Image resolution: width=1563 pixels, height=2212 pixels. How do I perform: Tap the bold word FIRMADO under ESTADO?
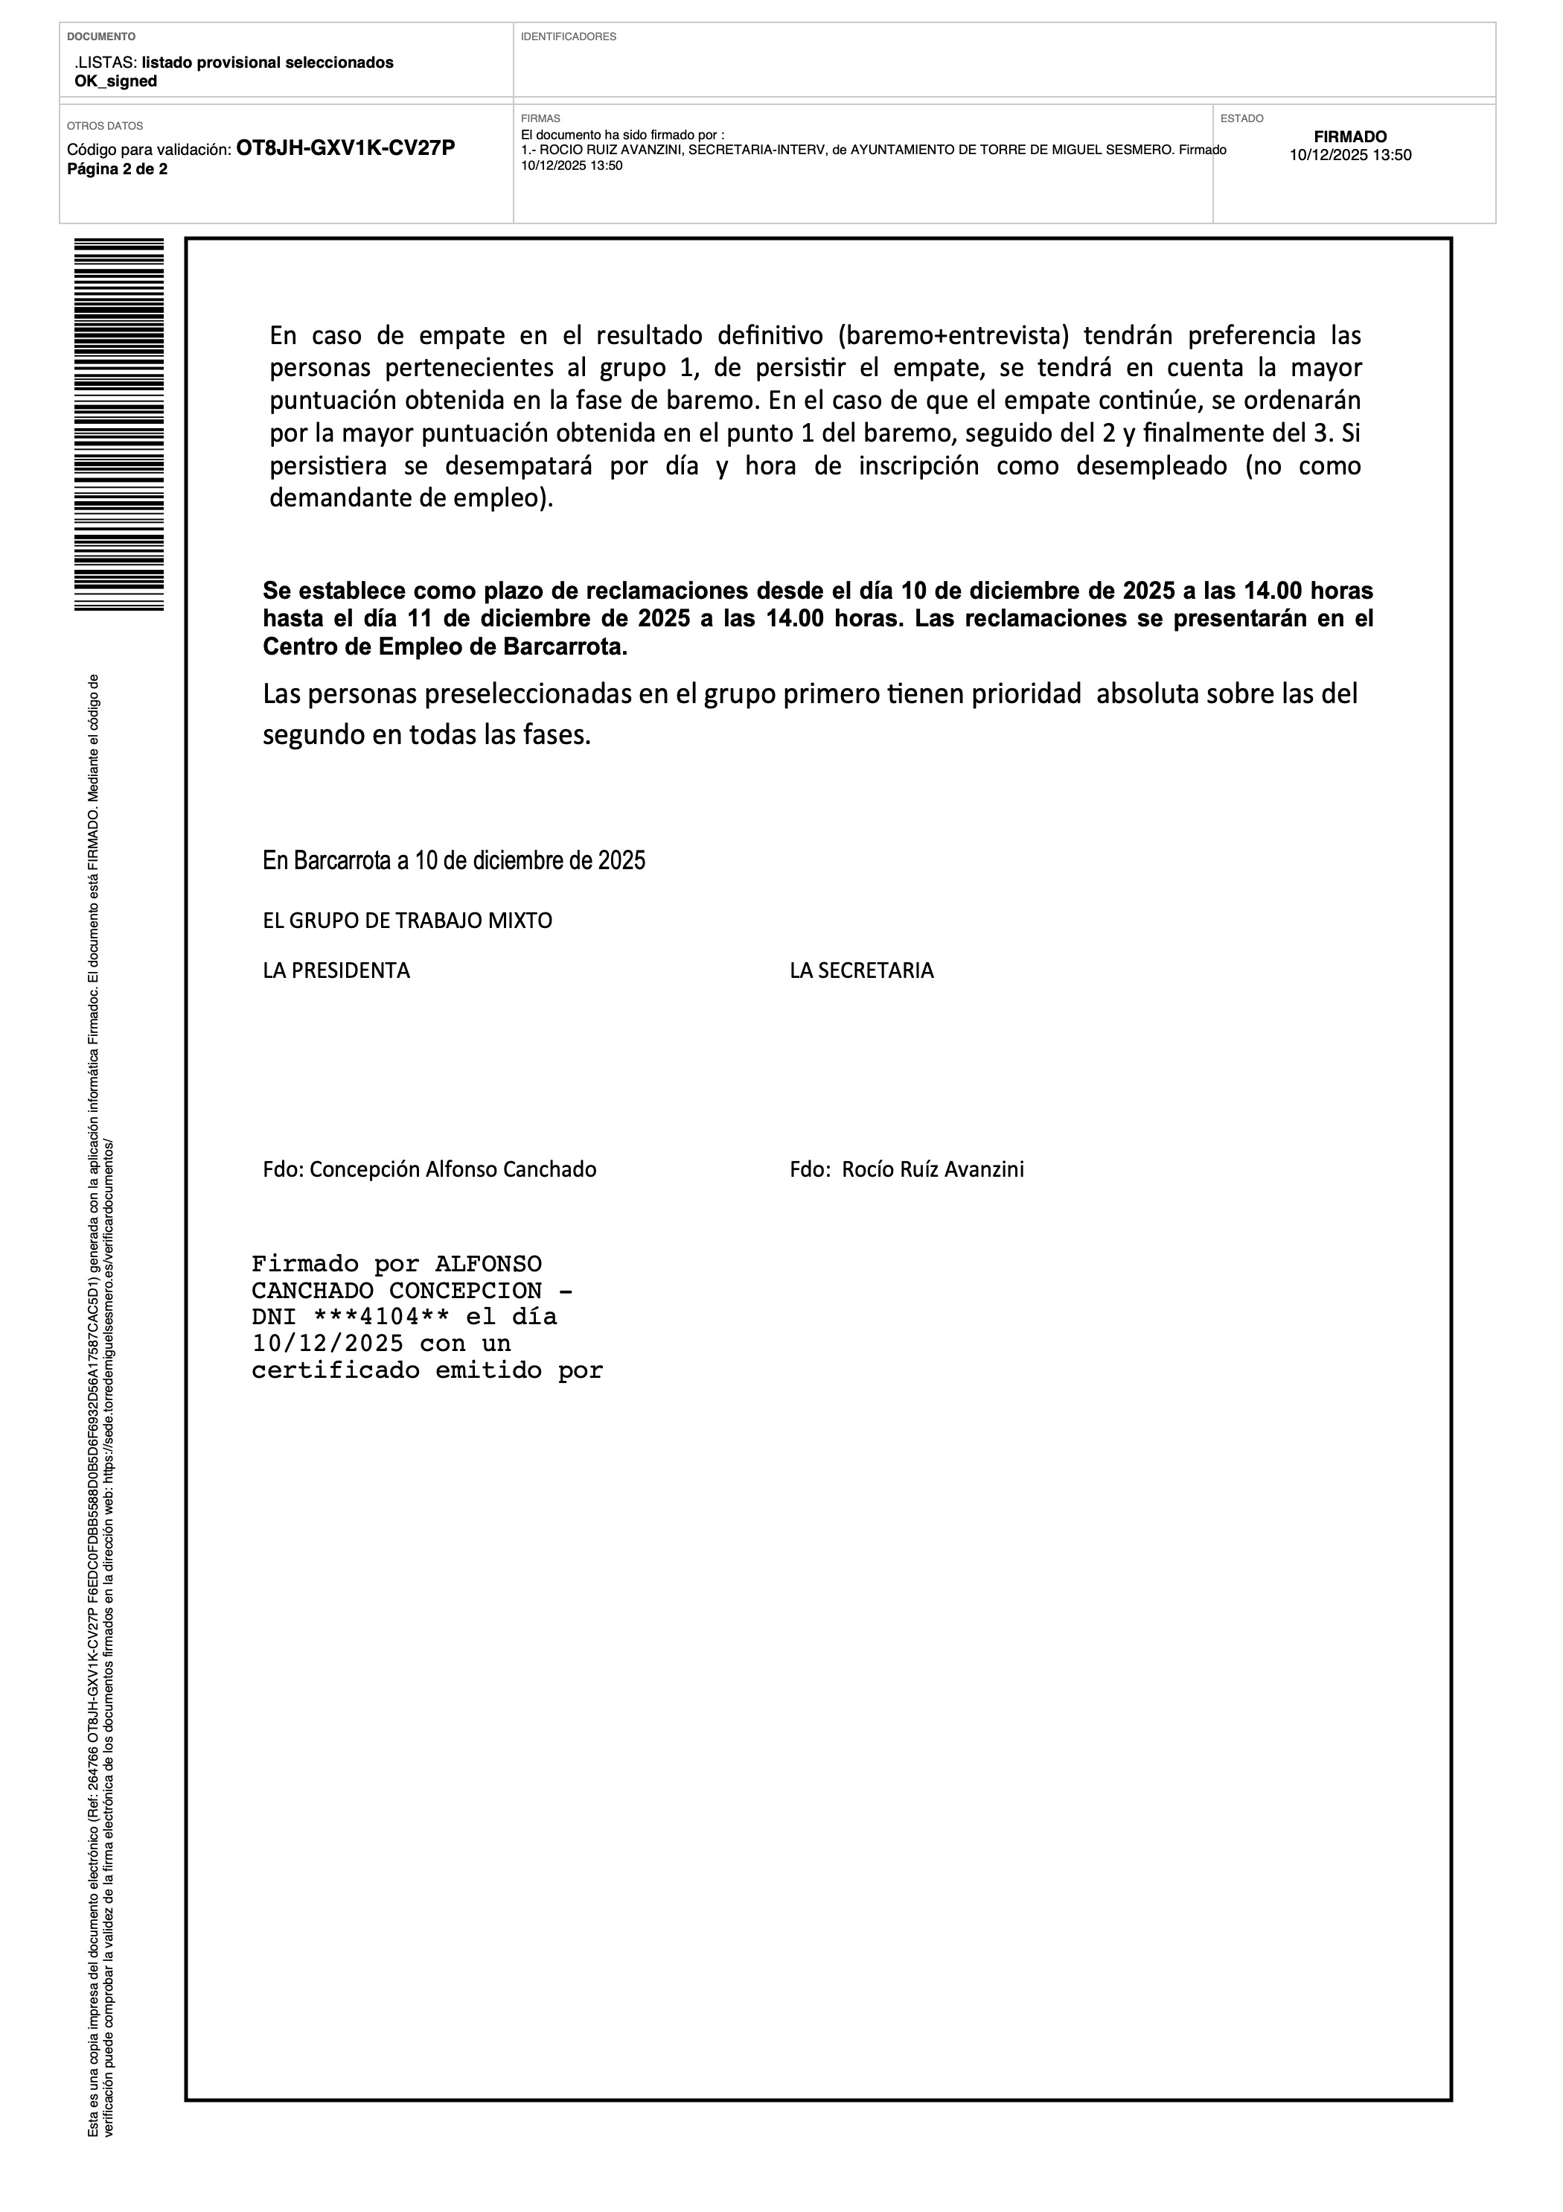1350,137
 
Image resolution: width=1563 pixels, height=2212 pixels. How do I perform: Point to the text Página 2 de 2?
117,170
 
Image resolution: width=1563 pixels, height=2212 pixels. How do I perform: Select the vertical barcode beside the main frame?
118,424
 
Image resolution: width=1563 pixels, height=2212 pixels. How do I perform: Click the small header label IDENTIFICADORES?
568,36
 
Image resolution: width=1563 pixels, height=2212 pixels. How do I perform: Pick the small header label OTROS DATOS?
105,126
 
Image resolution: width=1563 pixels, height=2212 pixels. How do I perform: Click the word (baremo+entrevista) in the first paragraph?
954,335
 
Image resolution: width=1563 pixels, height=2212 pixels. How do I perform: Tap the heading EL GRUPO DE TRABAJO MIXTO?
407,921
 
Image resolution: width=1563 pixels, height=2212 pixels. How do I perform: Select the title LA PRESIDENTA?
336,971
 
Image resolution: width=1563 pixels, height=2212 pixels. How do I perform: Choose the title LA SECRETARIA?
862,971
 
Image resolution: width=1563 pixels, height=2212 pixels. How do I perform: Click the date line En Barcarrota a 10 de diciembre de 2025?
453,860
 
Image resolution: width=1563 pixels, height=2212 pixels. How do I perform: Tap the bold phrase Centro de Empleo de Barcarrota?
445,647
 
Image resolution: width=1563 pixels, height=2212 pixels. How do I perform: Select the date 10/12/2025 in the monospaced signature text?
327,1344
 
